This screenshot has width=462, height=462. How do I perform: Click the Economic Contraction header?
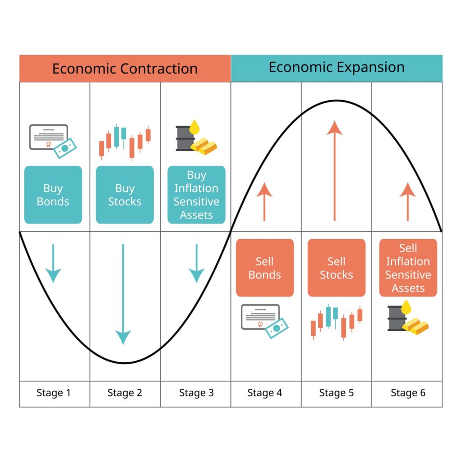(x=125, y=69)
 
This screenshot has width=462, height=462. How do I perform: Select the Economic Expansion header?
(x=337, y=68)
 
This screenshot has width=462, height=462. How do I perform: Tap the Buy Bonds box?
(x=53, y=195)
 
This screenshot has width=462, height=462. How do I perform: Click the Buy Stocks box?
(x=125, y=195)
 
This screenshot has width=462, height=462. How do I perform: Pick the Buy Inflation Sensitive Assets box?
(x=196, y=195)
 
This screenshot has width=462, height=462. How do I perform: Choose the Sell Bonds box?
(x=265, y=268)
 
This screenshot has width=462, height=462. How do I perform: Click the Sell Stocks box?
(x=337, y=268)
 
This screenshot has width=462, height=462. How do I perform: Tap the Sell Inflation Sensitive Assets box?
(x=408, y=268)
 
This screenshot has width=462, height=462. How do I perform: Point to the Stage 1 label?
(x=54, y=393)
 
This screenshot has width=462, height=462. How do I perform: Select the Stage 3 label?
(x=196, y=393)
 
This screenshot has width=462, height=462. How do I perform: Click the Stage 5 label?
(x=337, y=393)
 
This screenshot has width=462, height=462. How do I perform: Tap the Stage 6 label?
(x=408, y=393)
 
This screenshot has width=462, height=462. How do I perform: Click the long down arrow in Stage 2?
(x=123, y=293)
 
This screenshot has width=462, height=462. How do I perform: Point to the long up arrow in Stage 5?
(x=334, y=171)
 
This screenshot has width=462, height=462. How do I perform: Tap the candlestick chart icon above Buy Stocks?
(x=125, y=141)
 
